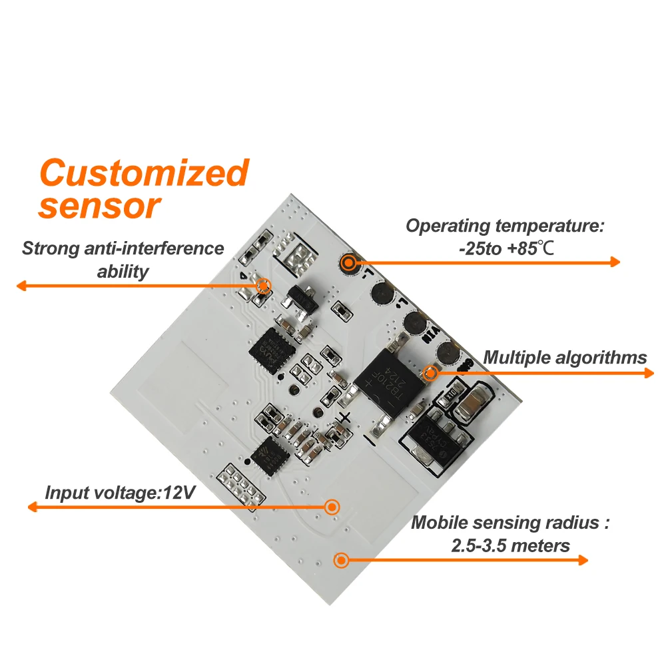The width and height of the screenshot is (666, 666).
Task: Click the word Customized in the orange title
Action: coord(143,173)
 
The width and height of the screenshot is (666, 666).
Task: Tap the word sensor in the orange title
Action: coord(100,206)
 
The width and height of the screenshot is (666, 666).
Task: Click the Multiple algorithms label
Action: coord(565,358)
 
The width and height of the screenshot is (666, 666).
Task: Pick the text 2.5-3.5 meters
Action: coord(510,545)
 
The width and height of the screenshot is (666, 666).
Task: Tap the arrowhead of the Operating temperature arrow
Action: coord(615,262)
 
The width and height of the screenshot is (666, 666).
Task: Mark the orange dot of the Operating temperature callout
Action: coord(348,262)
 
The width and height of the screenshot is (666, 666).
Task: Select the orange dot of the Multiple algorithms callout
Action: coord(430,373)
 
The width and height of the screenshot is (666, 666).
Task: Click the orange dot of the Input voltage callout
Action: coord(331,507)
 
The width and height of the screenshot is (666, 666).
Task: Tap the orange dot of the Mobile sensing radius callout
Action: coord(341,559)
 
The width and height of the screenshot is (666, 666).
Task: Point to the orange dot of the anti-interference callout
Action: coord(263,286)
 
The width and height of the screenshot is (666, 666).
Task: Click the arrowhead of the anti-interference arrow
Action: coord(21,286)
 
